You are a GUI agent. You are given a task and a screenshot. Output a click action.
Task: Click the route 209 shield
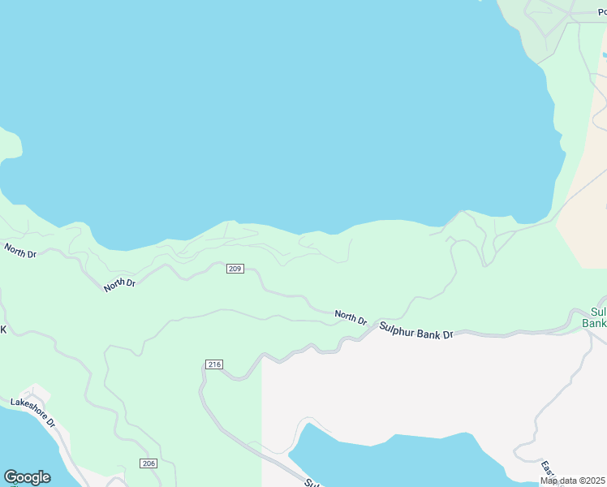point(235,269)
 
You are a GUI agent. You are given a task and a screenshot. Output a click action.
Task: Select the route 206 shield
point(148,463)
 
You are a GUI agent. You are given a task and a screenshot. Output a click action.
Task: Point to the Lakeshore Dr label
point(33,412)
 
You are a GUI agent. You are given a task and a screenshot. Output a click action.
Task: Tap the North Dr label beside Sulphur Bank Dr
point(351,317)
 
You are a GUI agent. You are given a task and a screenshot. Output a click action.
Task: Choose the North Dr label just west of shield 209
point(119,284)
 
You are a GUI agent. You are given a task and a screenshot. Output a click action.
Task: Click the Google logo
point(27,477)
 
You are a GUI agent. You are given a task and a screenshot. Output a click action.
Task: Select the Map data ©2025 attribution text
point(572,481)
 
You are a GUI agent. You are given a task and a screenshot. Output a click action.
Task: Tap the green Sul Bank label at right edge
point(596,317)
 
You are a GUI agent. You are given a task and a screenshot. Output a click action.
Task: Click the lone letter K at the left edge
point(3,330)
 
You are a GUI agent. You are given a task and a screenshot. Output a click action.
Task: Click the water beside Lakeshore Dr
point(20,446)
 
